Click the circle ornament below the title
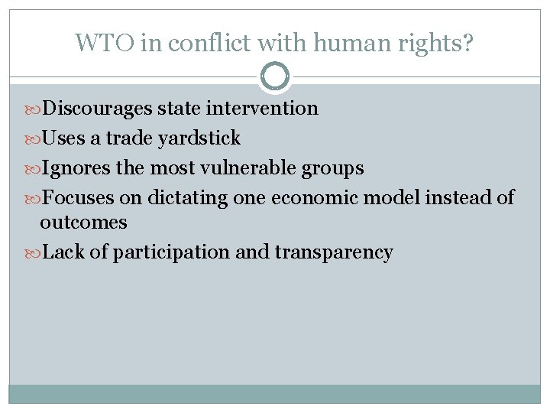tap(275, 76)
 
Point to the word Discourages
tap(97, 109)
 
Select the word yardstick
tap(201, 138)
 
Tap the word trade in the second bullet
tap(131, 138)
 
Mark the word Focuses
tap(77, 198)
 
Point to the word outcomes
tap(83, 223)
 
